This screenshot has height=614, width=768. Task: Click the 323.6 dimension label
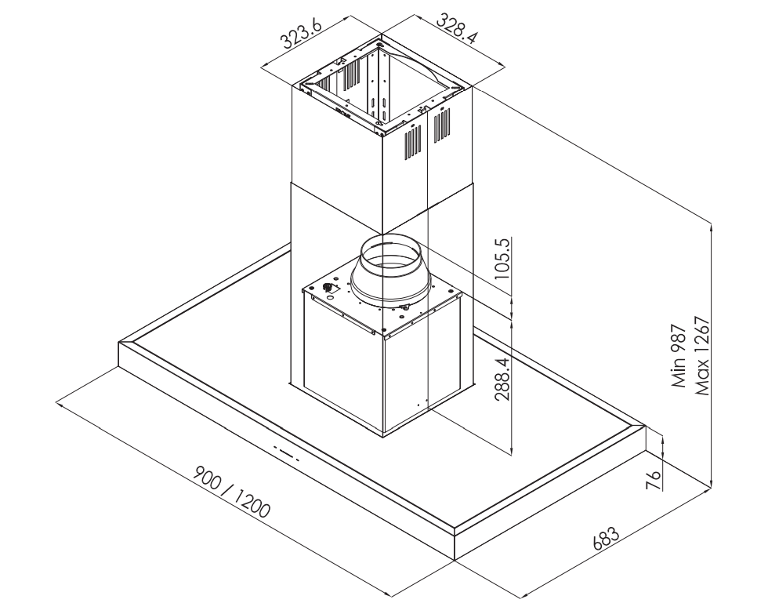pyautogui.click(x=300, y=33)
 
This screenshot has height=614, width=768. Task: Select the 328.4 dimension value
pyautogui.click(x=456, y=28)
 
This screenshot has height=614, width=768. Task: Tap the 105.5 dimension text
pyautogui.click(x=502, y=258)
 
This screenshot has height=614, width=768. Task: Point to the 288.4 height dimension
pyautogui.click(x=502, y=379)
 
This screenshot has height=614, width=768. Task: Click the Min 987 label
pyautogui.click(x=679, y=355)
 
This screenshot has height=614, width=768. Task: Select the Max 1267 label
pyautogui.click(x=701, y=355)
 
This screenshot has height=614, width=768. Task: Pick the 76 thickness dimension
pyautogui.click(x=654, y=481)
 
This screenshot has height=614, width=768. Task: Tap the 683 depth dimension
pyautogui.click(x=606, y=539)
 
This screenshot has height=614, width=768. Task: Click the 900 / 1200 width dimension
pyautogui.click(x=232, y=492)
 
